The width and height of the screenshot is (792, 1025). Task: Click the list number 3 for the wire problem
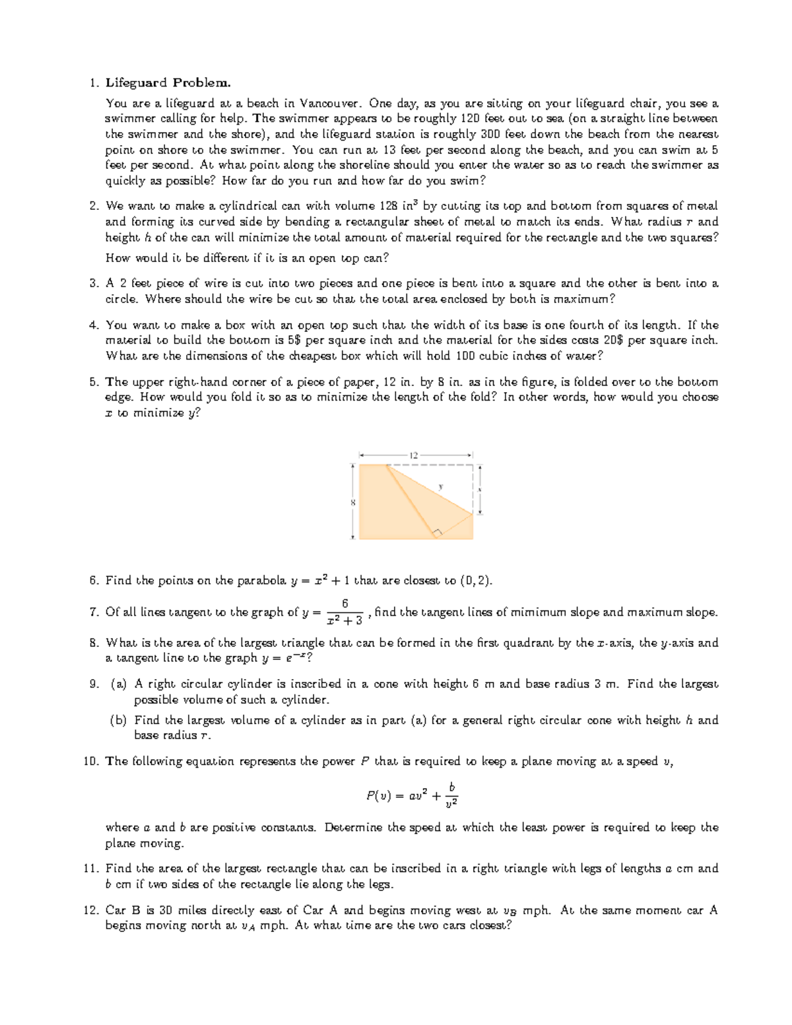(x=94, y=284)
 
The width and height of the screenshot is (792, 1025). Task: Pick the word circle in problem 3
(x=121, y=299)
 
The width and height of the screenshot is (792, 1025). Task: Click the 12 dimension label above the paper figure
(x=414, y=455)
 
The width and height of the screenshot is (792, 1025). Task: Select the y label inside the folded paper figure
(x=441, y=486)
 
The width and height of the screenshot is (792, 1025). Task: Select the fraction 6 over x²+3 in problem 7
(x=345, y=612)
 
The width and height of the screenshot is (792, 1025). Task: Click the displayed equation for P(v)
(x=412, y=795)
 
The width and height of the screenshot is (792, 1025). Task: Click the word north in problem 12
(x=205, y=925)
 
